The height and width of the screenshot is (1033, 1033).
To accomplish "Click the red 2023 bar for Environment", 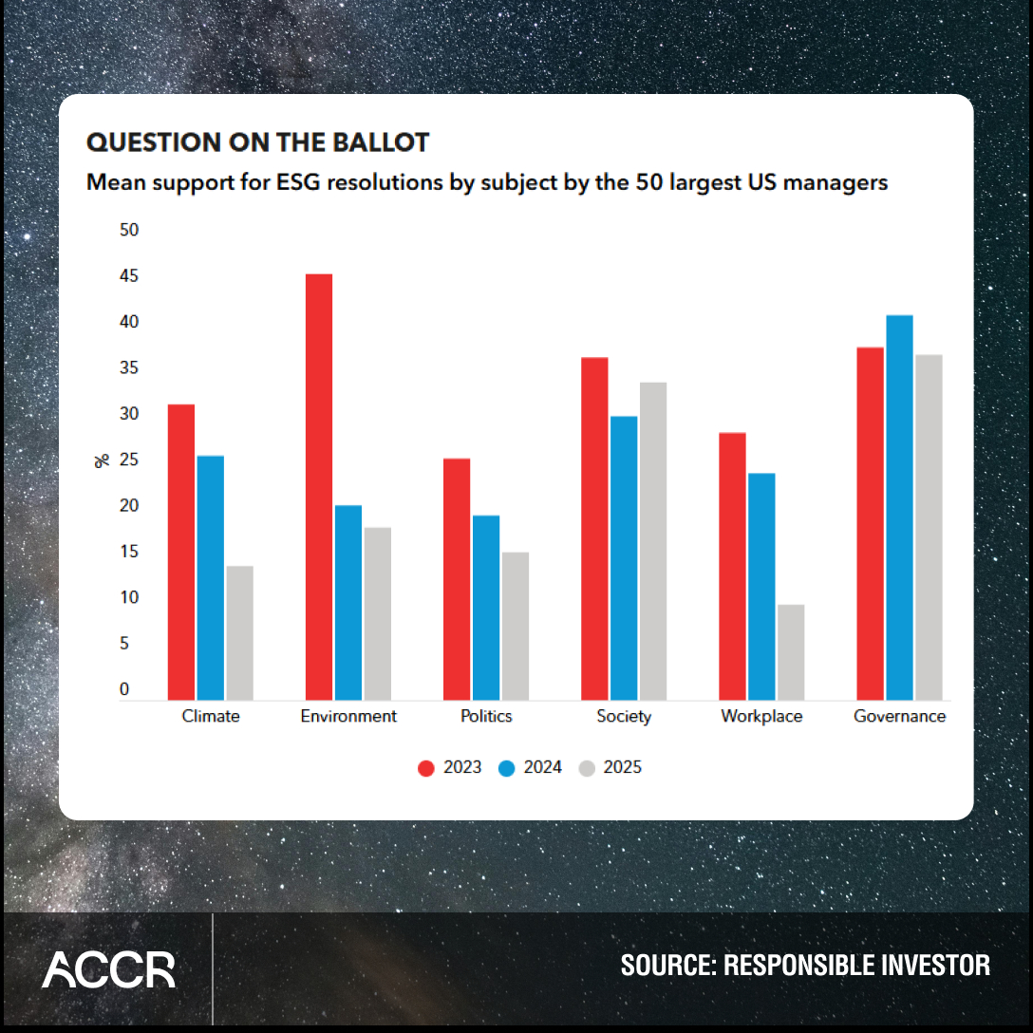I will point(319,487).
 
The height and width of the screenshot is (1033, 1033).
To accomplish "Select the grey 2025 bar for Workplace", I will point(790,652).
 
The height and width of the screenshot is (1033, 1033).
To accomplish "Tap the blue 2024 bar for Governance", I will point(899,508).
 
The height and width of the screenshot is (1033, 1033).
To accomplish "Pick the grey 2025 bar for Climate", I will point(239,633).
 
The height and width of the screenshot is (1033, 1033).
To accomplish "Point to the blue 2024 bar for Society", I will point(624,558).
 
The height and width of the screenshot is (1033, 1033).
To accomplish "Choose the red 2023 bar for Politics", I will point(457,579).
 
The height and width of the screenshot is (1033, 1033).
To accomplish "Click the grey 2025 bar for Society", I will point(653,541).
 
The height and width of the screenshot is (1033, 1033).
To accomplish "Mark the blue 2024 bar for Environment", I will point(348,603).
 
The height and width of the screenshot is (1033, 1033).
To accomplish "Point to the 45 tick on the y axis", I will point(128,276).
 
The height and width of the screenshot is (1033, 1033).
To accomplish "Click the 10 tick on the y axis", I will point(128,598).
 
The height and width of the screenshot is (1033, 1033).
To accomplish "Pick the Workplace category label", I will point(761,716).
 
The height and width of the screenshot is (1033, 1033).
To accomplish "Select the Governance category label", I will point(899,716).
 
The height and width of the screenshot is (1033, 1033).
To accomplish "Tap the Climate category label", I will point(211,716).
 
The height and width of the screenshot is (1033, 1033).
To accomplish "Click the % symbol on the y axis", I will point(102,460).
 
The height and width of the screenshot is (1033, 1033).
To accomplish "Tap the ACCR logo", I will point(108,969).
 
